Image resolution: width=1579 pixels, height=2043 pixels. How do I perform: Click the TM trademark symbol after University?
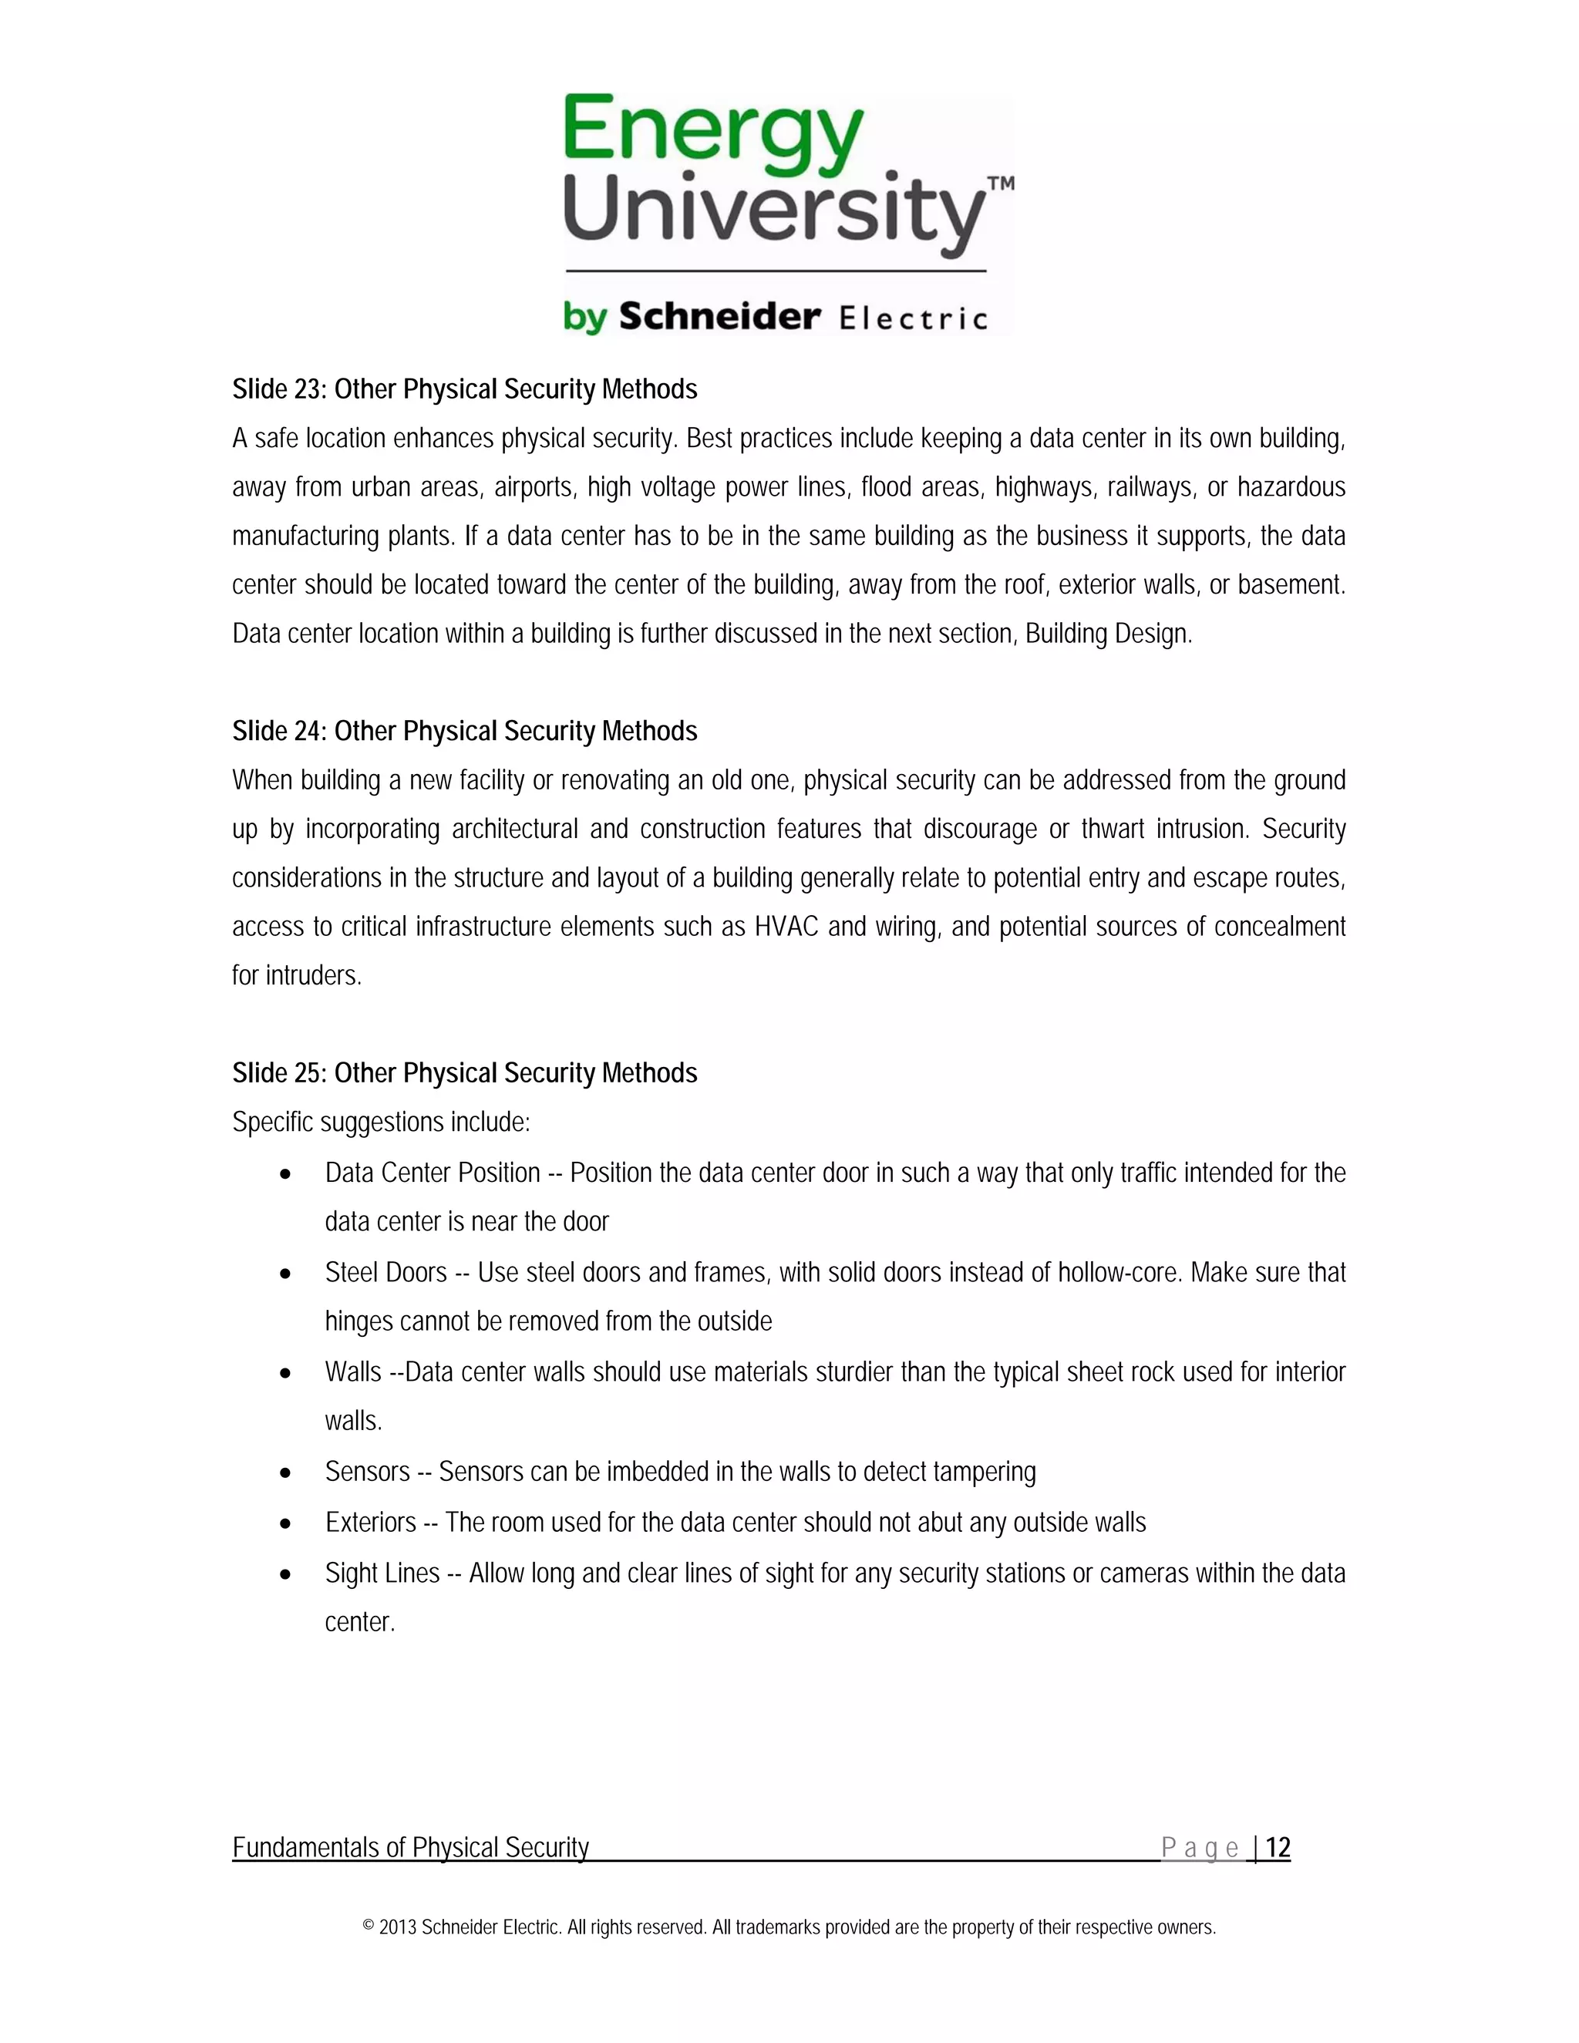1000,184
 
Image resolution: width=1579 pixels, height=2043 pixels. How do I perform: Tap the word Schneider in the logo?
719,317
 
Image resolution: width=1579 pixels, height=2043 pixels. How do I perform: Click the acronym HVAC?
786,927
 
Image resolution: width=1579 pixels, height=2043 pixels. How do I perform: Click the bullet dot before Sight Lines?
285,1574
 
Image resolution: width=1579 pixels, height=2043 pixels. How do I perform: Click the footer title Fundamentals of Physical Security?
411,1847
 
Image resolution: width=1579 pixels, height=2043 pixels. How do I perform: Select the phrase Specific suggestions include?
381,1122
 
